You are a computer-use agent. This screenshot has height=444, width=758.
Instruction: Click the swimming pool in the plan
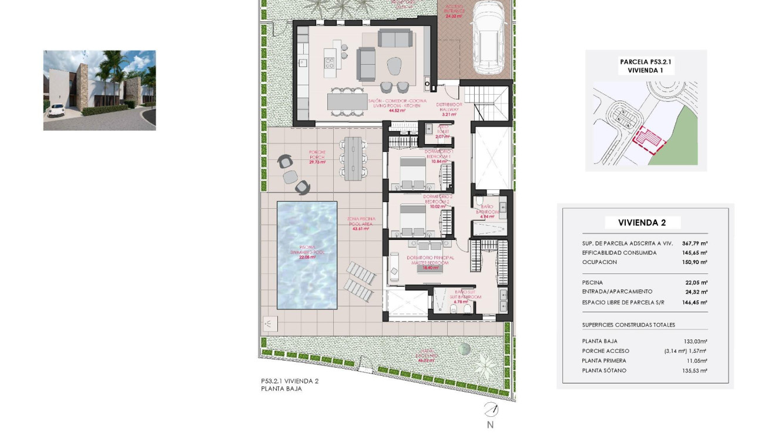click(x=307, y=256)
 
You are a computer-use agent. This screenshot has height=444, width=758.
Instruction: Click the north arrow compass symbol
click(x=490, y=410)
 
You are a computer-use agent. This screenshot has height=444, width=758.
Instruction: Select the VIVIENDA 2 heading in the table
click(x=642, y=222)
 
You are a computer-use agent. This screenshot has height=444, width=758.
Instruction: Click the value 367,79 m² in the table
click(x=695, y=243)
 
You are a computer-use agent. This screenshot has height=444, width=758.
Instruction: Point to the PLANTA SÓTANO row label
click(x=603, y=370)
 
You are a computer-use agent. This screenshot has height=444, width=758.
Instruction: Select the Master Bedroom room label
click(x=428, y=260)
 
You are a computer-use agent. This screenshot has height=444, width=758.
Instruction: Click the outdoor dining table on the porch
click(x=354, y=158)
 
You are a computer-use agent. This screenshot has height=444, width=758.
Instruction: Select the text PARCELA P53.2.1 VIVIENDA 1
click(x=646, y=66)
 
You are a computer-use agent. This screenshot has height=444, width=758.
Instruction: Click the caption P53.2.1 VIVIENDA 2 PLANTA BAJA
click(x=290, y=385)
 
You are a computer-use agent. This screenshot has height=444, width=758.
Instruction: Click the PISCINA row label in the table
click(x=592, y=282)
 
